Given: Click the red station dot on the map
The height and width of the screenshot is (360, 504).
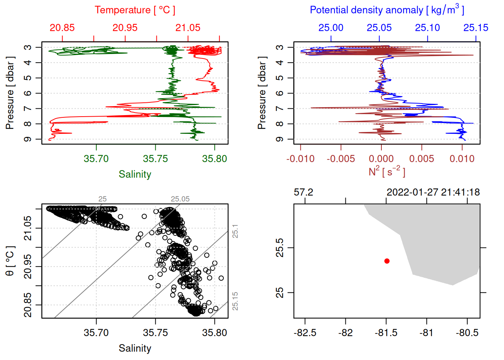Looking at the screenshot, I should click(x=387, y=261).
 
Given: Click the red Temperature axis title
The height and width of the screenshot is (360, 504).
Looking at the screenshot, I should click(x=135, y=10).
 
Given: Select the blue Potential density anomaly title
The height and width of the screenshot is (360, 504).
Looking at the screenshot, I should click(x=387, y=10).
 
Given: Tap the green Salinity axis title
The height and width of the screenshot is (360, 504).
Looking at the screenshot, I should click(x=135, y=174).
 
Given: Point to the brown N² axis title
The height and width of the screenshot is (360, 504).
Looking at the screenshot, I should click(x=387, y=171).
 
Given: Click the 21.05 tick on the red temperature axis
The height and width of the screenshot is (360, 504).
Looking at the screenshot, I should click(x=188, y=28).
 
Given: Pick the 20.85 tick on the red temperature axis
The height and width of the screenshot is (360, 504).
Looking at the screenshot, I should click(x=62, y=28).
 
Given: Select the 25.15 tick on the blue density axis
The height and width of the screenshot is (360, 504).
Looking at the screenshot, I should click(x=476, y=28).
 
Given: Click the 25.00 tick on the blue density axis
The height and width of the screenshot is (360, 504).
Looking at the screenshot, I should click(x=331, y=28).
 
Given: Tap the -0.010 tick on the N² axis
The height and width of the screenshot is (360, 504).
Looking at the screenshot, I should click(x=300, y=159).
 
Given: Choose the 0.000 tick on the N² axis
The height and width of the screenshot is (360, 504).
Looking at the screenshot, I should click(x=381, y=159).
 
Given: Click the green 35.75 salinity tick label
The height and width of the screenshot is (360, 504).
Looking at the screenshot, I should click(x=155, y=159).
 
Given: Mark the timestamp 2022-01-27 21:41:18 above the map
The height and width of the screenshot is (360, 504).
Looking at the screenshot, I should click(x=433, y=192).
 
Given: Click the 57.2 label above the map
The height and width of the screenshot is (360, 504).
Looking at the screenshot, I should click(x=303, y=192).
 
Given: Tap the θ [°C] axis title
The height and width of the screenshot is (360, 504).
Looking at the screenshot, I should click(x=10, y=261).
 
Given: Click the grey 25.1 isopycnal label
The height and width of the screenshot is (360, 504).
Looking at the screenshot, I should click(x=235, y=231).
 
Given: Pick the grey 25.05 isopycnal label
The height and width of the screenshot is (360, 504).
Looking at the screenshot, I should click(x=180, y=199).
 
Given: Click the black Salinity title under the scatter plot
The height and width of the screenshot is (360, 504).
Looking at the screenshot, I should click(x=135, y=348).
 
